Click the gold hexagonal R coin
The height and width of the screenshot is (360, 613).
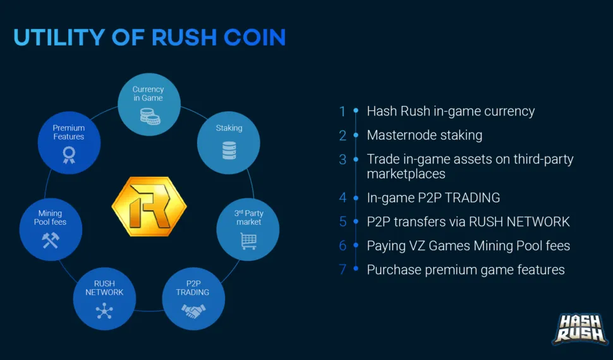(149, 206)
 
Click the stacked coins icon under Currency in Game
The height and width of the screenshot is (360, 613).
(150, 116)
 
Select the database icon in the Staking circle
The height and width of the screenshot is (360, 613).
(229, 150)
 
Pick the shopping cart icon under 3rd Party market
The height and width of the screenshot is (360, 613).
(248, 241)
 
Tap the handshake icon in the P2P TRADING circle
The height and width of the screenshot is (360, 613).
(193, 311)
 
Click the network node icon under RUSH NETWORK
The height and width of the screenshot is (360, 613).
(104, 311)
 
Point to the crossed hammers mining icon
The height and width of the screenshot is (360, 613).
(51, 241)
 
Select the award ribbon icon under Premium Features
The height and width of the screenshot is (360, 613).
(69, 155)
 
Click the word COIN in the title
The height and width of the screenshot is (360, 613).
(255, 37)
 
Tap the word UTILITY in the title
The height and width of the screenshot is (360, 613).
(59, 37)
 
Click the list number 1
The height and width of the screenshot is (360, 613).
(343, 111)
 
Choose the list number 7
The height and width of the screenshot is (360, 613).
(343, 270)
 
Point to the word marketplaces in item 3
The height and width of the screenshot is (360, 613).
(406, 174)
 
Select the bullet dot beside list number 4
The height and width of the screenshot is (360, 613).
(356, 198)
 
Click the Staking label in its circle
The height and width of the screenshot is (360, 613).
(229, 128)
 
